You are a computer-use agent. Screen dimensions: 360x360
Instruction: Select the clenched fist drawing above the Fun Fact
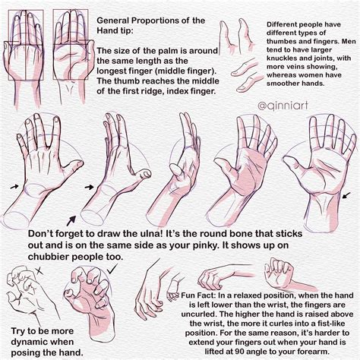pyautogui.click(x=277, y=272)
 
